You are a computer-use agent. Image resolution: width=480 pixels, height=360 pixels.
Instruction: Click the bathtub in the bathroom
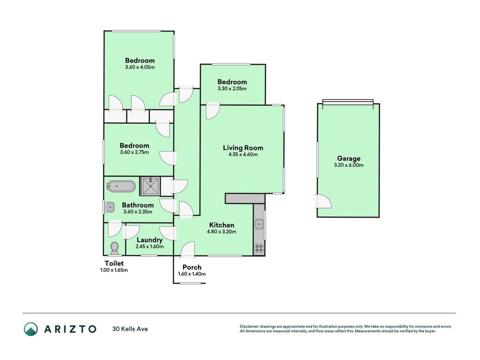pyautogui.click(x=121, y=186)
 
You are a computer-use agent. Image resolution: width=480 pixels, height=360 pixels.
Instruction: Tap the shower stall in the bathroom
pyautogui.click(x=150, y=186)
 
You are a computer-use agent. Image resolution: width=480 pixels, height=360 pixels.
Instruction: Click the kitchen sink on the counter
pyautogui.click(x=259, y=225)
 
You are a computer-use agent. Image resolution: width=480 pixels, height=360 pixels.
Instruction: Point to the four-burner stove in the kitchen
pyautogui.click(x=259, y=248)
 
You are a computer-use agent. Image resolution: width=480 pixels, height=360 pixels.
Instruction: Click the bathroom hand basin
pyautogui.click(x=109, y=207)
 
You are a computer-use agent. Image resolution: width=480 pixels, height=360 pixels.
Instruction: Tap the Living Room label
pyautogui.click(x=243, y=148)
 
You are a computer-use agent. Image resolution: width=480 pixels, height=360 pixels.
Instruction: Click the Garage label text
pyautogui.click(x=349, y=158)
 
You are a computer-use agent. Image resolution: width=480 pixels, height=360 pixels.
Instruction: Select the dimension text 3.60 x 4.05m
pyautogui.click(x=140, y=67)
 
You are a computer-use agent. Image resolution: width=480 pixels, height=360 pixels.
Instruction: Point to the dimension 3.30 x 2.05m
pyautogui.click(x=232, y=89)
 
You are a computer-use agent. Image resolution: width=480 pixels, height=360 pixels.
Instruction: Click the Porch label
pyautogui.click(x=192, y=267)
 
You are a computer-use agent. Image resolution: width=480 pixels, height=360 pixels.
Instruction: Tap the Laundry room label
pyautogui.click(x=149, y=240)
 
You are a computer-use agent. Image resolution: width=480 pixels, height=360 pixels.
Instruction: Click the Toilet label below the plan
pyautogui.click(x=114, y=263)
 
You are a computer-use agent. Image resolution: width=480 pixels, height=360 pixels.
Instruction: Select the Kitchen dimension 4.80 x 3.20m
pyautogui.click(x=222, y=232)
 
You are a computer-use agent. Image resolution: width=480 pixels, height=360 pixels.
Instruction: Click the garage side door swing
pyautogui.click(x=323, y=201)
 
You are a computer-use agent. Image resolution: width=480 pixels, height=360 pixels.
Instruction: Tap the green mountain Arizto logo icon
pyautogui.click(x=31, y=329)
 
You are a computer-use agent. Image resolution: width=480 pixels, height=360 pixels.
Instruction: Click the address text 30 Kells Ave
pyautogui.click(x=130, y=329)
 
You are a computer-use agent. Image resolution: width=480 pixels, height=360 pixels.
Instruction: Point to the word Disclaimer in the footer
pyautogui.click(x=249, y=327)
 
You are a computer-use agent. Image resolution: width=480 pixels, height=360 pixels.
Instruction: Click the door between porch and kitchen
pyautogui.click(x=188, y=249)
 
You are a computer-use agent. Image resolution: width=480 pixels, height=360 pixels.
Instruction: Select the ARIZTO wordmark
pyautogui.click(x=71, y=329)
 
